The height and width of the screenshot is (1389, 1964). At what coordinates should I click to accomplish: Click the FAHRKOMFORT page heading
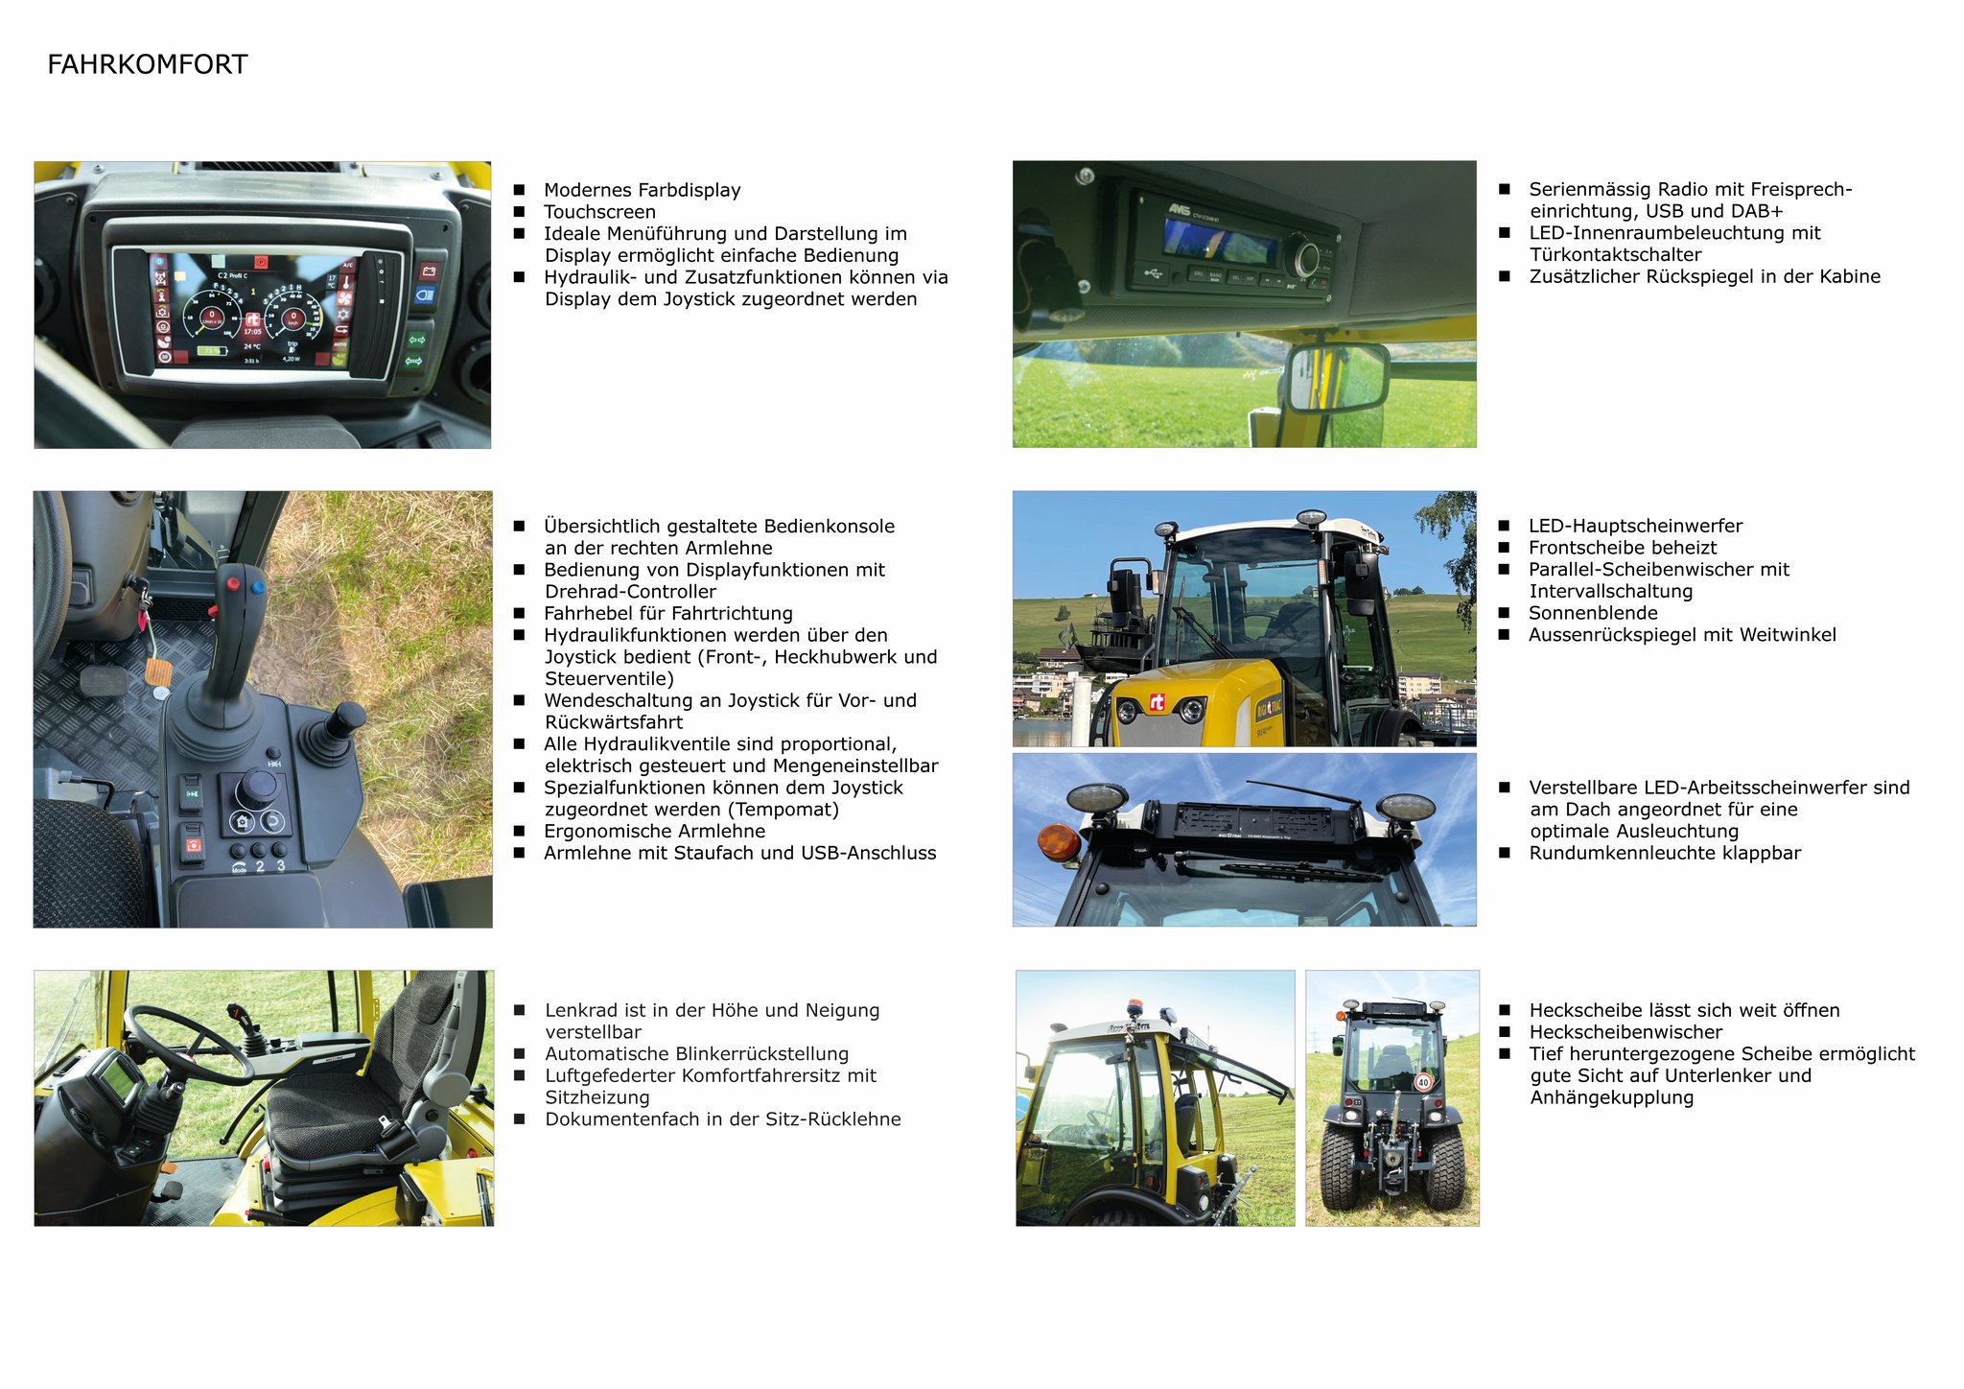point(148,64)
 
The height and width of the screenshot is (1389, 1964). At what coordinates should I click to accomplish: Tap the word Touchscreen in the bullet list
point(599,212)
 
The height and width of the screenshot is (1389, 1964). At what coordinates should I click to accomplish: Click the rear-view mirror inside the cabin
point(1337,378)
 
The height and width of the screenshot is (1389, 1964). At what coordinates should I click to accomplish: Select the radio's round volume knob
point(1305,258)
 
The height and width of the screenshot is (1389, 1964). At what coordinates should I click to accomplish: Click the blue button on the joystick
point(257,587)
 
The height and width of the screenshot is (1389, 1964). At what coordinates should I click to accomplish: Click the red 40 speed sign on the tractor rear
point(1423,1082)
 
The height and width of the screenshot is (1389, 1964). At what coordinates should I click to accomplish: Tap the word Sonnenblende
point(1593,613)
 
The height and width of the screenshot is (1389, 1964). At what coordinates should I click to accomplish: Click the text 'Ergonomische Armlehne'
point(655,832)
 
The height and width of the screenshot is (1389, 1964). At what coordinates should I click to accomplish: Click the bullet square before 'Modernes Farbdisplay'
point(520,190)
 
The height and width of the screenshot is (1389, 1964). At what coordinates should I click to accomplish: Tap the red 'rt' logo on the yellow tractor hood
point(1157,703)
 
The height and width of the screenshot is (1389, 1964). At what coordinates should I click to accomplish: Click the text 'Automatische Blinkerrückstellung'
point(697,1054)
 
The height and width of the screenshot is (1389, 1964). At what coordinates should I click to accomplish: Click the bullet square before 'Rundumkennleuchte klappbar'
point(1505,853)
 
